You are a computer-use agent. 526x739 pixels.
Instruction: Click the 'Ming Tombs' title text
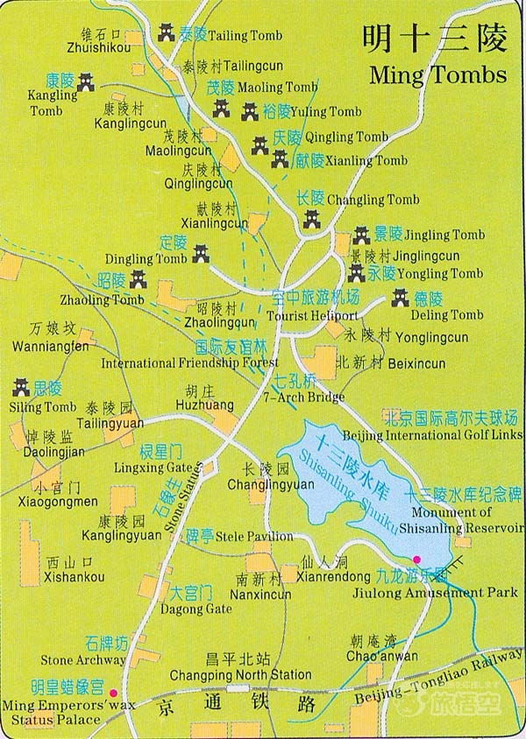click(438, 74)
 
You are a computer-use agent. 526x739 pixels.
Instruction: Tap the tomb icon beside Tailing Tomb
click(167, 33)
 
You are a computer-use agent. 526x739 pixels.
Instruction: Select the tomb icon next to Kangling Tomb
click(86, 82)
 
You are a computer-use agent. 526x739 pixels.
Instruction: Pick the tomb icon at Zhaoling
click(139, 280)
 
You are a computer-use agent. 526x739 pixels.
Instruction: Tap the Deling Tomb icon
click(401, 298)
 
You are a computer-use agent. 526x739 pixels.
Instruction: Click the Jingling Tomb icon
click(361, 235)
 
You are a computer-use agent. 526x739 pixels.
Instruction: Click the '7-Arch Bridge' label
click(303, 397)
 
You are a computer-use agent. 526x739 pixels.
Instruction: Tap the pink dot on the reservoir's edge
click(417, 560)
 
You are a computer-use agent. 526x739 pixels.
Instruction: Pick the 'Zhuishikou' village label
click(93, 49)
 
